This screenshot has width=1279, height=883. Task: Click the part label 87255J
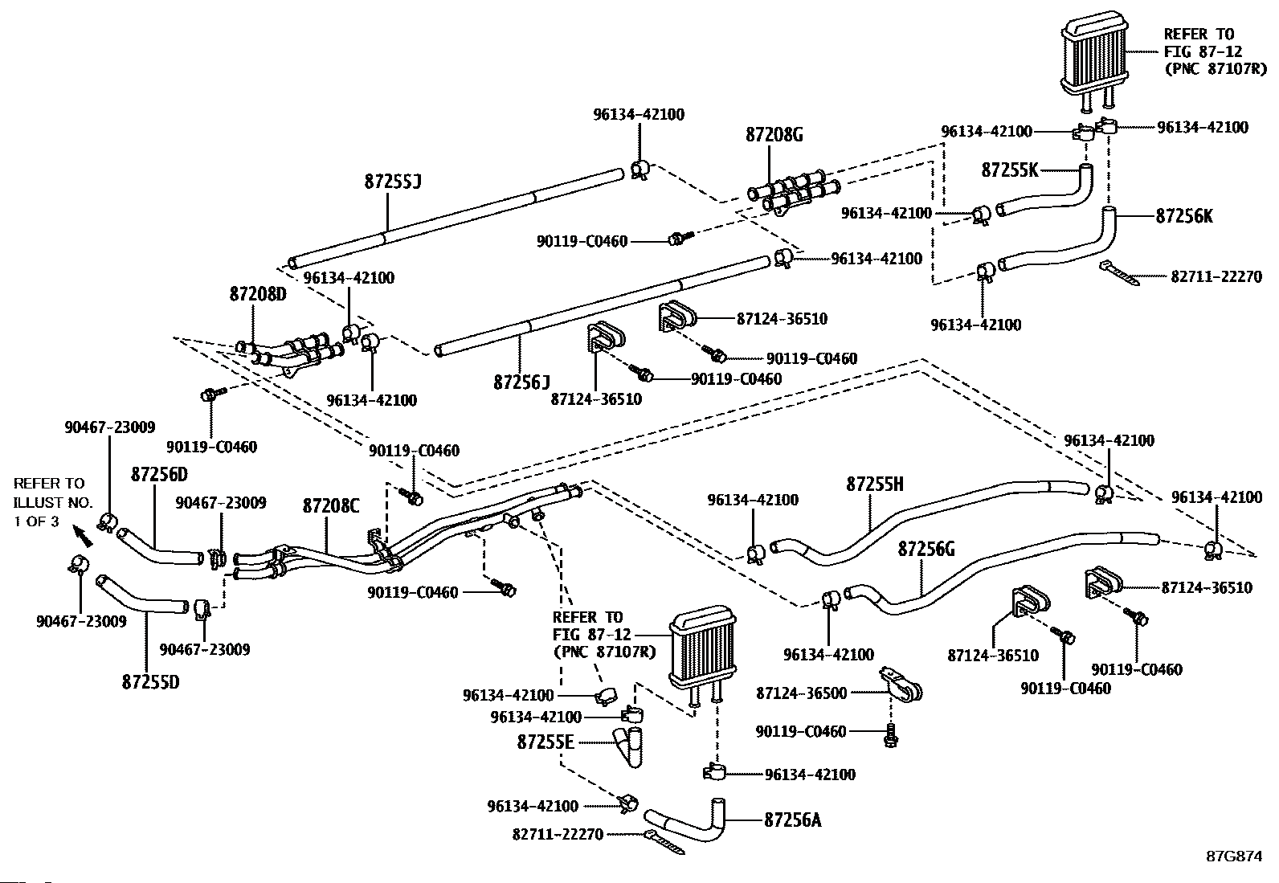(393, 182)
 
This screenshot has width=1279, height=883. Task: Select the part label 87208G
(774, 135)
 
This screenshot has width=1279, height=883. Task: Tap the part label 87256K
(1184, 216)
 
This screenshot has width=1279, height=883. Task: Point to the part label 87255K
(1010, 170)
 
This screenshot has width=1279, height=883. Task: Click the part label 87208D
(258, 294)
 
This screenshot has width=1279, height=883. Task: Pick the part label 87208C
(331, 506)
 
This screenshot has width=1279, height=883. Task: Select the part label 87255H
(875, 484)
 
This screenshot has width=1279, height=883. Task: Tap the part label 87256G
(926, 549)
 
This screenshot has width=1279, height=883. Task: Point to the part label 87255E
(546, 742)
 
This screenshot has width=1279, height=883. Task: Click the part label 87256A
(792, 820)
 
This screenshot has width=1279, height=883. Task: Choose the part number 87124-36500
(801, 693)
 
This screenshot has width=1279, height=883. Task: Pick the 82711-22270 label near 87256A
(557, 835)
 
